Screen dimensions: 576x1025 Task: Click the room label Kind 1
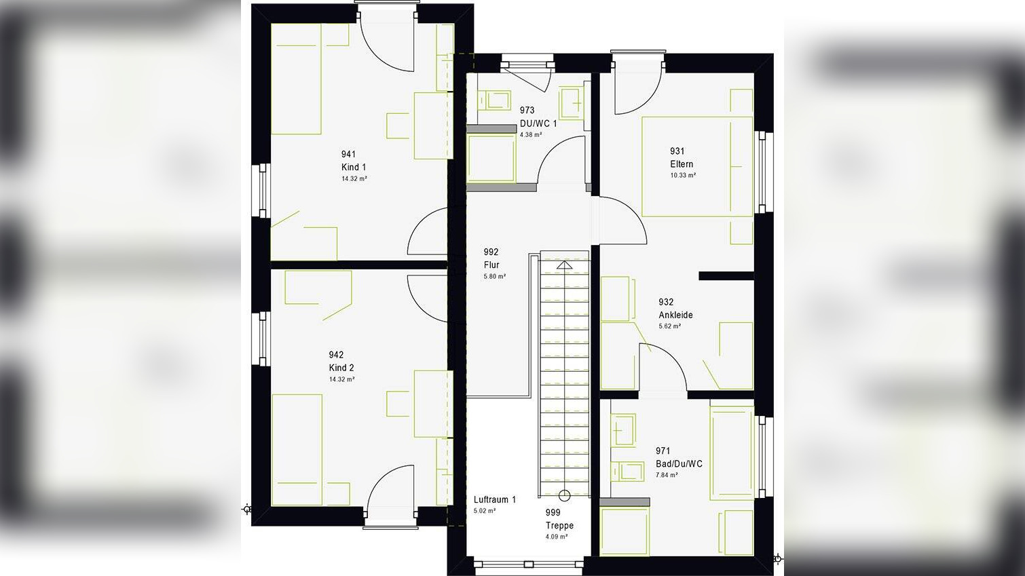click(x=354, y=167)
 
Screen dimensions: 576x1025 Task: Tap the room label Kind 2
click(x=341, y=368)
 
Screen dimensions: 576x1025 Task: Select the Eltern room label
click(x=682, y=164)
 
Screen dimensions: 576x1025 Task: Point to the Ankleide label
click(x=675, y=315)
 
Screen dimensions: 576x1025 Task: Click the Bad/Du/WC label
click(x=679, y=464)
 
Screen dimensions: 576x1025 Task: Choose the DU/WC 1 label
click(x=538, y=123)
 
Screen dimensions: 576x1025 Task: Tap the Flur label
click(x=491, y=265)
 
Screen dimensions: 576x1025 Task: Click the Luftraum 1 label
click(x=494, y=499)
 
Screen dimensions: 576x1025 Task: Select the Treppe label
click(x=559, y=525)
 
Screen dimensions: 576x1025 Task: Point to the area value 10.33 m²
click(x=683, y=175)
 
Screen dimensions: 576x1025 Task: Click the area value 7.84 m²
click(x=667, y=475)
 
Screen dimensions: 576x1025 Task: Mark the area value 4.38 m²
click(x=531, y=134)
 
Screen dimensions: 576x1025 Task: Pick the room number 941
click(x=348, y=154)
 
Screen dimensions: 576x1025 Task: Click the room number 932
click(x=666, y=302)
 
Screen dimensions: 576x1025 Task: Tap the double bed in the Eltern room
click(x=697, y=167)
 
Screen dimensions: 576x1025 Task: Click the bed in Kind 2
click(x=297, y=449)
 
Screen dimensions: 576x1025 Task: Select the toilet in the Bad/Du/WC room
click(x=627, y=470)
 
